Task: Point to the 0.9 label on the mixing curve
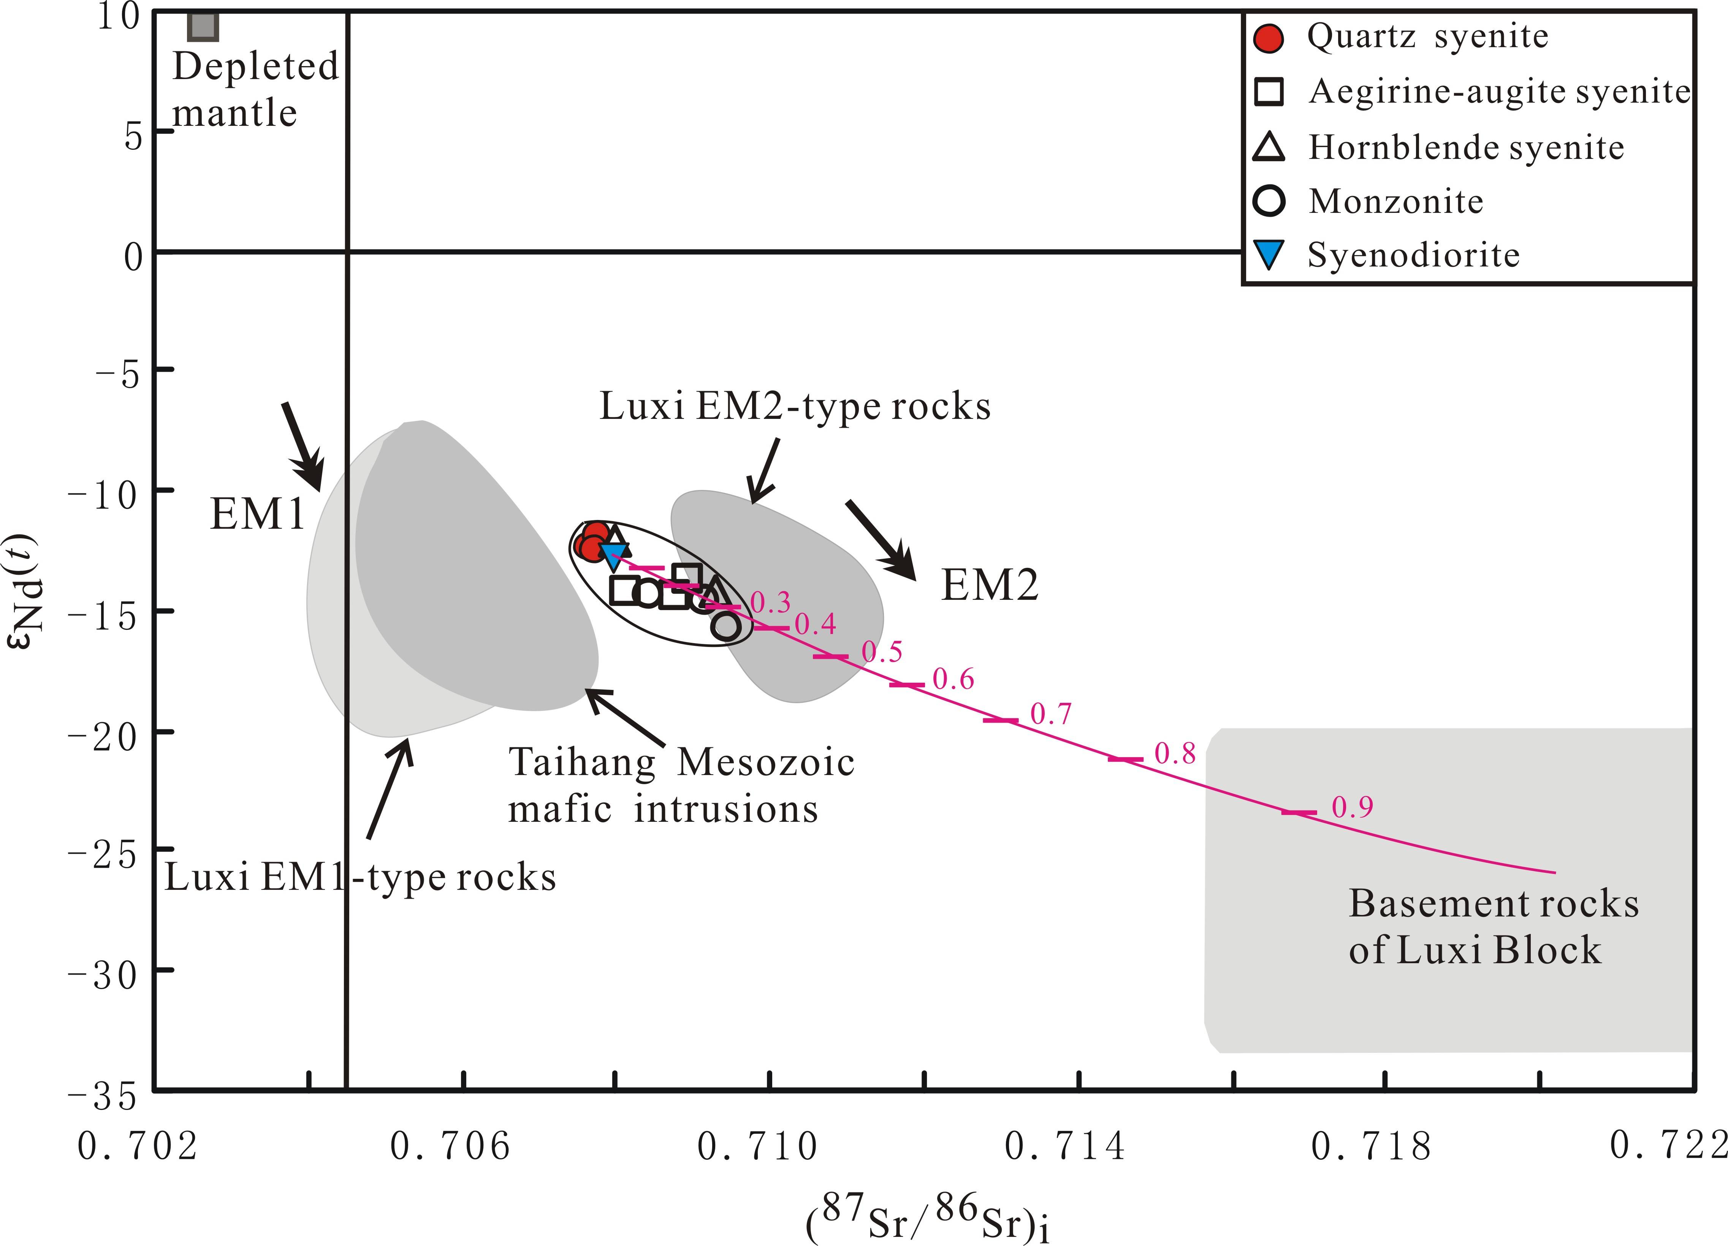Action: [x=1353, y=807]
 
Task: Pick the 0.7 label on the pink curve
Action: [x=1051, y=714]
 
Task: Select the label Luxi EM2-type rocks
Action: [x=795, y=406]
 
